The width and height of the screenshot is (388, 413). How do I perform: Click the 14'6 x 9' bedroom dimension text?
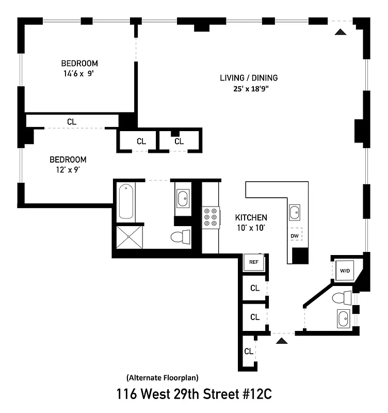pyautogui.click(x=79, y=73)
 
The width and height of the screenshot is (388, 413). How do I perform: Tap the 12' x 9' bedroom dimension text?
pyautogui.click(x=68, y=169)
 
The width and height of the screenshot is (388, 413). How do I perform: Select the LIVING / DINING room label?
pyautogui.click(x=249, y=78)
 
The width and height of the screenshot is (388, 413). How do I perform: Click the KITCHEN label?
pyautogui.click(x=251, y=217)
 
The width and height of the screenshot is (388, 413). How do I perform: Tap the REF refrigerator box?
pyautogui.click(x=253, y=262)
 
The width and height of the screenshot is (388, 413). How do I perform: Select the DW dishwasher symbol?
pyautogui.click(x=295, y=236)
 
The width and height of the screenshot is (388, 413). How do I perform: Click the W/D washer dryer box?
pyautogui.click(x=344, y=269)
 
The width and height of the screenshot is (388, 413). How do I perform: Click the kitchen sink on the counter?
pyautogui.click(x=294, y=212)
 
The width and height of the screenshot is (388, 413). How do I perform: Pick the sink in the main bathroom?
pyautogui.click(x=183, y=198)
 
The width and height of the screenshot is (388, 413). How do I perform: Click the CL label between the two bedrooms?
pyautogui.click(x=72, y=122)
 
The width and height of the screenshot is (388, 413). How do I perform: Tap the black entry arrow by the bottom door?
pyautogui.click(x=281, y=341)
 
